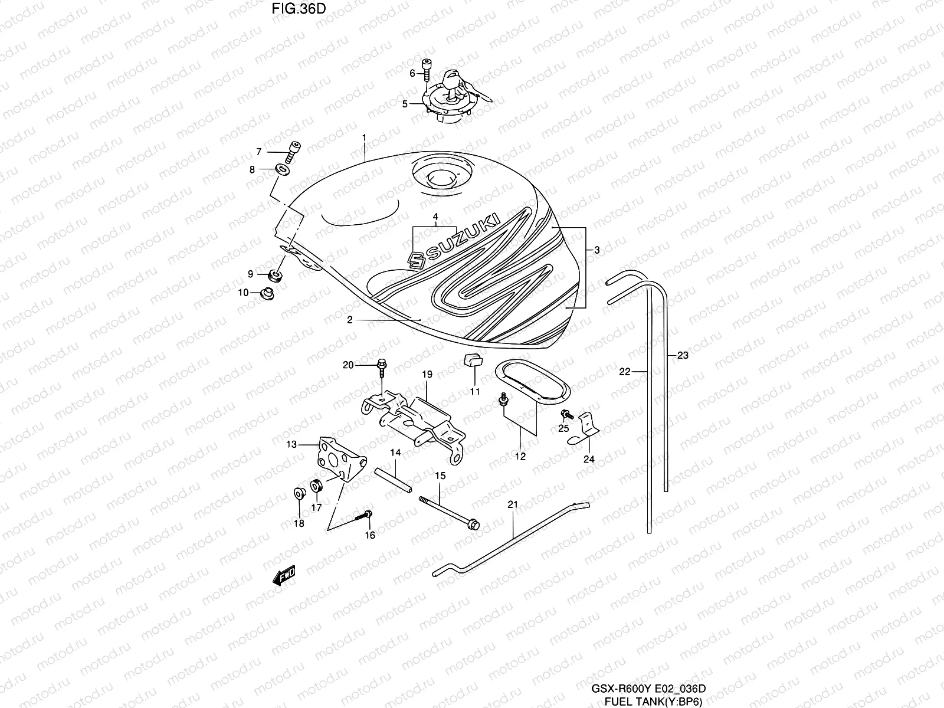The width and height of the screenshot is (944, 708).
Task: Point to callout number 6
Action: point(413,73)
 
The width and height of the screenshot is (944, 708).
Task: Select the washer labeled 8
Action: point(282,171)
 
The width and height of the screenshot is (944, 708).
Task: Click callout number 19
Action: point(427,374)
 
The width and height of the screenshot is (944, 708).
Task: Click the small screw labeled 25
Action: point(565,414)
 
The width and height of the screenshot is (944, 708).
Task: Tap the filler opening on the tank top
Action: point(438,177)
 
